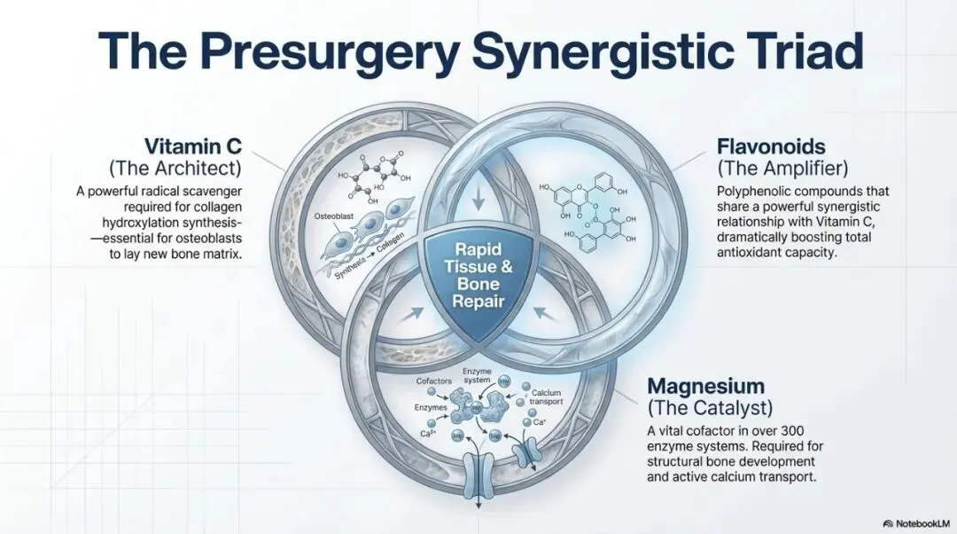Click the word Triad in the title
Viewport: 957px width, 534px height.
(792, 51)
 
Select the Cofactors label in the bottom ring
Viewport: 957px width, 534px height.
(433, 381)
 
